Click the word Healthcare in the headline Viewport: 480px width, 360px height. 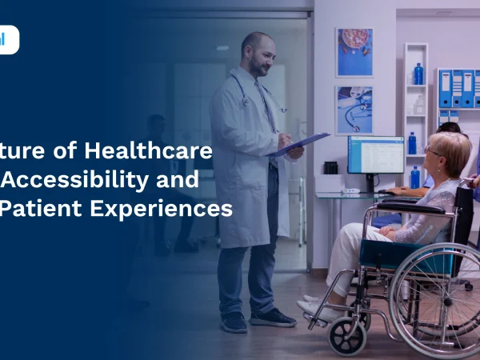pyautogui.click(x=173, y=151)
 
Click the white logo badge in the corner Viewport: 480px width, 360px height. pyautogui.click(x=8, y=40)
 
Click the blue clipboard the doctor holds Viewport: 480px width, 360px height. pyautogui.click(x=297, y=144)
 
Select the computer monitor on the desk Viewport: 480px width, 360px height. pyautogui.click(x=375, y=155)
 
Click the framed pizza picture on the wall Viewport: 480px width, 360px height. pyautogui.click(x=354, y=52)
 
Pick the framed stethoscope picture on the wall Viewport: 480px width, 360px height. pyautogui.click(x=354, y=110)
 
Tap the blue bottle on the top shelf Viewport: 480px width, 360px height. pyautogui.click(x=418, y=74)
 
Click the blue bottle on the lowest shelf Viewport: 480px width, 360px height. pyautogui.click(x=414, y=177)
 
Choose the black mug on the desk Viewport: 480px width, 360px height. pyautogui.click(x=330, y=167)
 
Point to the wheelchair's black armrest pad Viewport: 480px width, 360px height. pyautogui.click(x=410, y=209)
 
